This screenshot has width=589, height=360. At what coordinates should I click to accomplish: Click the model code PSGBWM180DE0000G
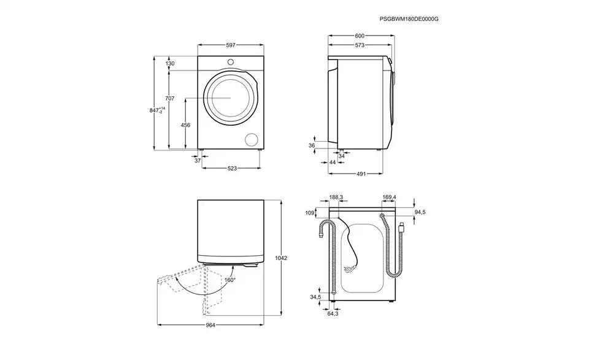click(x=409, y=19)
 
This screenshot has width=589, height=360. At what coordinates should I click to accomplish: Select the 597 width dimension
click(x=231, y=45)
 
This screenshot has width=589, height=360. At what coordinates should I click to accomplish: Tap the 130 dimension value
click(x=170, y=64)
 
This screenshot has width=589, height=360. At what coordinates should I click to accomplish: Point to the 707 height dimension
click(x=170, y=98)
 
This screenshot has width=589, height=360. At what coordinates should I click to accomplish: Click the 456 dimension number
click(x=185, y=125)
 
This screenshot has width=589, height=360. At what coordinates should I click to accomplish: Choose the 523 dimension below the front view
click(x=232, y=169)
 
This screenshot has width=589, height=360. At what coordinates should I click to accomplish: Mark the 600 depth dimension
click(x=360, y=36)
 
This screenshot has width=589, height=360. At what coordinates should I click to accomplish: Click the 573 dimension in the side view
click(x=360, y=45)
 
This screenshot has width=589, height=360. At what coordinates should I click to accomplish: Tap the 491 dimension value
click(x=361, y=174)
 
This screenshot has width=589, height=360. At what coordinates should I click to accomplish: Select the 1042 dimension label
click(x=281, y=258)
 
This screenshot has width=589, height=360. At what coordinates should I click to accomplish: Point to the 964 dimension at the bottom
click(x=210, y=326)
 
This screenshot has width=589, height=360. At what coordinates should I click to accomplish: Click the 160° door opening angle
click(x=230, y=280)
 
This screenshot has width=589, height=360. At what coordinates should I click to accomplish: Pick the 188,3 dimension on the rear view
click(x=336, y=197)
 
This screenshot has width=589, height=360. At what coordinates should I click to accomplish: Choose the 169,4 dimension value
click(x=389, y=197)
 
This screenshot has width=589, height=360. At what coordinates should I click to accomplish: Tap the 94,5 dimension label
click(x=420, y=212)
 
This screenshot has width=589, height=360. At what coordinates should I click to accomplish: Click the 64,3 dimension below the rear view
click(x=333, y=313)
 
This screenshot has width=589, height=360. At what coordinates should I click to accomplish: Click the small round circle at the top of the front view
click(x=230, y=62)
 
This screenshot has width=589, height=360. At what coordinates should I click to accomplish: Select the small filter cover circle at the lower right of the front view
click(x=252, y=139)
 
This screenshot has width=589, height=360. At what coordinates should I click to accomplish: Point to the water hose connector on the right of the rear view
click(x=402, y=227)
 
